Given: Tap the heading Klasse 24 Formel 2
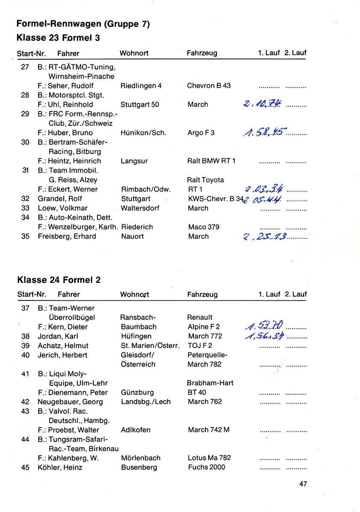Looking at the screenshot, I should coord(59,280).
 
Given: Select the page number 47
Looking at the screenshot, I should coord(303,484).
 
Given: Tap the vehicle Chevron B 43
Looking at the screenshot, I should coord(209,85).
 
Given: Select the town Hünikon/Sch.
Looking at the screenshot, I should coord(143,133).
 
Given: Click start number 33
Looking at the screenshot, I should coord(25,208).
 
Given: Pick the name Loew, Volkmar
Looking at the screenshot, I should coord(62,208).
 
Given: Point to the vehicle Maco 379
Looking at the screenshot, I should coord(204,227).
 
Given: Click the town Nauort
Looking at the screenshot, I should coord(132,236).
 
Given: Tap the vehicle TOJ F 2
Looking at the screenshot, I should coord(200,346).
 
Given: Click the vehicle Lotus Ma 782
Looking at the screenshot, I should coord(209,458).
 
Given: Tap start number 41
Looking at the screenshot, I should coord(25,374).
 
